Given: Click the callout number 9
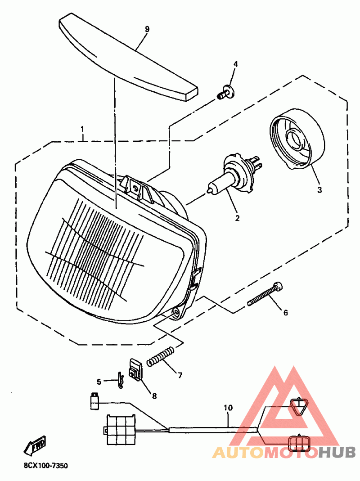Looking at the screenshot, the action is tap(147, 29).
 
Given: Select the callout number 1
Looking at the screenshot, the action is tap(82, 130).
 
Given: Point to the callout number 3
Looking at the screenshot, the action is tap(319, 190).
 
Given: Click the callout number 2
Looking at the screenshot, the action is tap(237, 219).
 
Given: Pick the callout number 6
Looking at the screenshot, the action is tap(285, 312).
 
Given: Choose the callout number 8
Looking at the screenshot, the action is tap(154, 396).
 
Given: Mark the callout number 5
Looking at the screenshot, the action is tap(99, 382).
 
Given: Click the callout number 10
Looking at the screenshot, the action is tap(228, 408).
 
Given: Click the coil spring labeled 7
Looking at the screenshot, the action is tap(160, 356).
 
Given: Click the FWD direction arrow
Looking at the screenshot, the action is tap(36, 445).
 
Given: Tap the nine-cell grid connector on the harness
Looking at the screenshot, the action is tap(121, 429).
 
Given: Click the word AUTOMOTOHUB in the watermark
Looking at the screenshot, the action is tap(283, 452).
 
